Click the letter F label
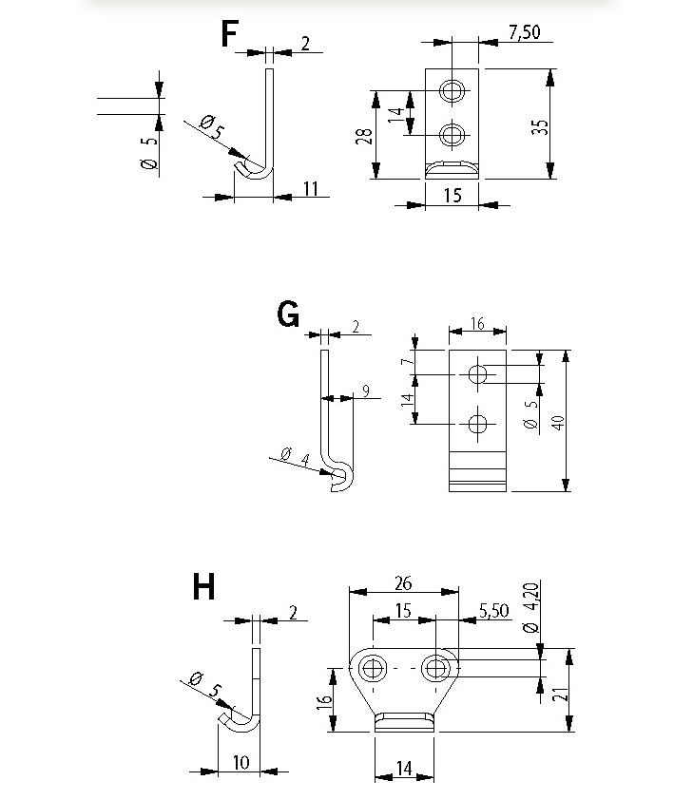pyautogui.click(x=229, y=34)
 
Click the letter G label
pyautogui.click(x=288, y=314)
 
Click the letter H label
pyautogui.click(x=203, y=587)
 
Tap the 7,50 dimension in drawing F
pyautogui.click(x=524, y=32)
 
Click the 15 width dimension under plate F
pyautogui.click(x=452, y=194)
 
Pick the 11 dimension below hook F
pyautogui.click(x=311, y=188)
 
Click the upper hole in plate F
pyautogui.click(x=453, y=91)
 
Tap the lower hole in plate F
pyautogui.click(x=453, y=133)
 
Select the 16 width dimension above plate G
pyautogui.click(x=476, y=324)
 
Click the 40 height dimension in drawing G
pyautogui.click(x=559, y=421)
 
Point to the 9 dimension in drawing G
pyautogui.click(x=365, y=390)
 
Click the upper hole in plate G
pyautogui.click(x=478, y=374)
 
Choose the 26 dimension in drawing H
pyautogui.click(x=403, y=581)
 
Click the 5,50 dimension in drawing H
pyautogui.click(x=494, y=610)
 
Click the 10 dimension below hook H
pyautogui.click(x=240, y=762)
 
